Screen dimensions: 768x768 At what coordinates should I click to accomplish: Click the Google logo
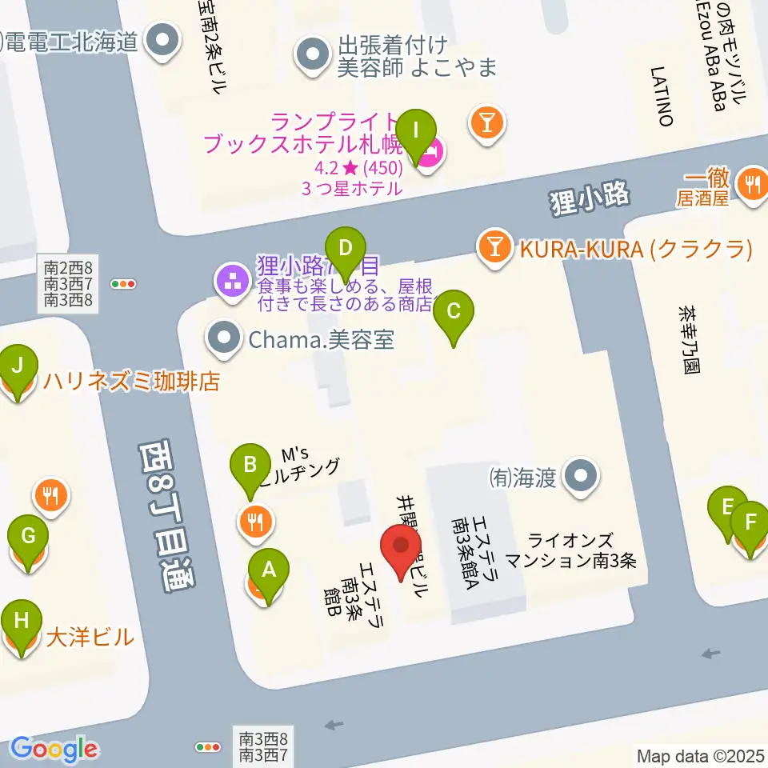point(54,749)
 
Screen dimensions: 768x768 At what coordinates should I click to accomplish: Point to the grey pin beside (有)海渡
point(580,476)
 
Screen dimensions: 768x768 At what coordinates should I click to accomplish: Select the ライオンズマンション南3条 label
point(571,550)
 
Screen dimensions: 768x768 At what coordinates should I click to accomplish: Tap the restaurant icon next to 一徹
point(752,182)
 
